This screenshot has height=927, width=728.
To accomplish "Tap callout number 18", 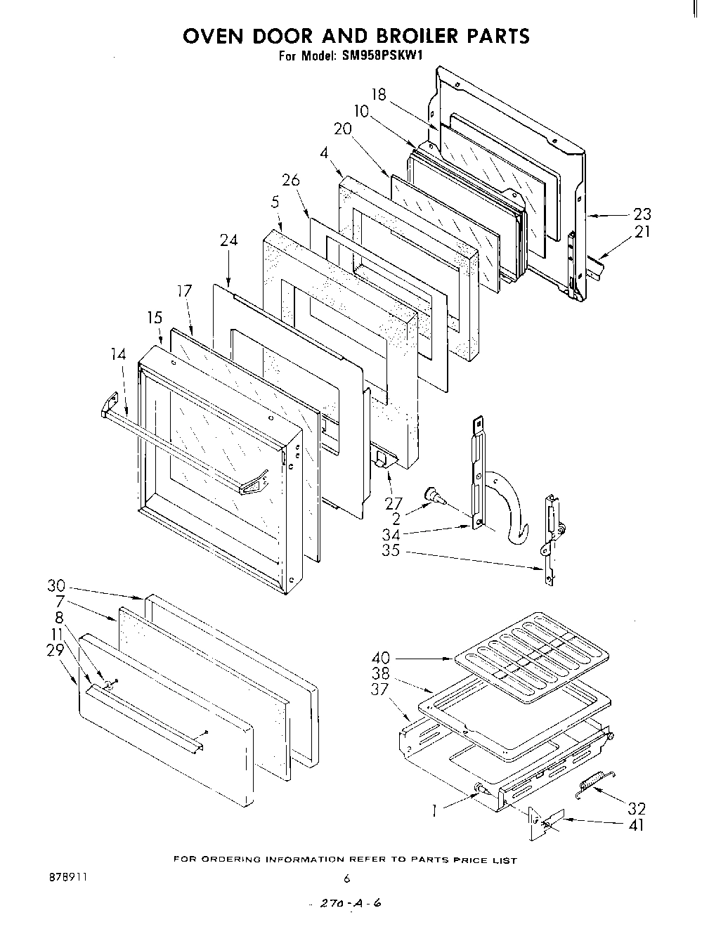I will pos(379,95).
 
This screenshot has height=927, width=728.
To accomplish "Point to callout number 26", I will pos(290,181).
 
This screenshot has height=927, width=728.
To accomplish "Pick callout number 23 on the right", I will pos(641,214).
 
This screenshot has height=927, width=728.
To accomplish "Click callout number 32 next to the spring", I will pos(636,809).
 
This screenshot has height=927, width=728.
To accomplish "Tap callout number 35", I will pos(391,550).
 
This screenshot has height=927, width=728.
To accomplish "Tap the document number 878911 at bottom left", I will pos(69,878).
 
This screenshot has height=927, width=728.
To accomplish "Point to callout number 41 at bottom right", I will pos(636,825).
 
